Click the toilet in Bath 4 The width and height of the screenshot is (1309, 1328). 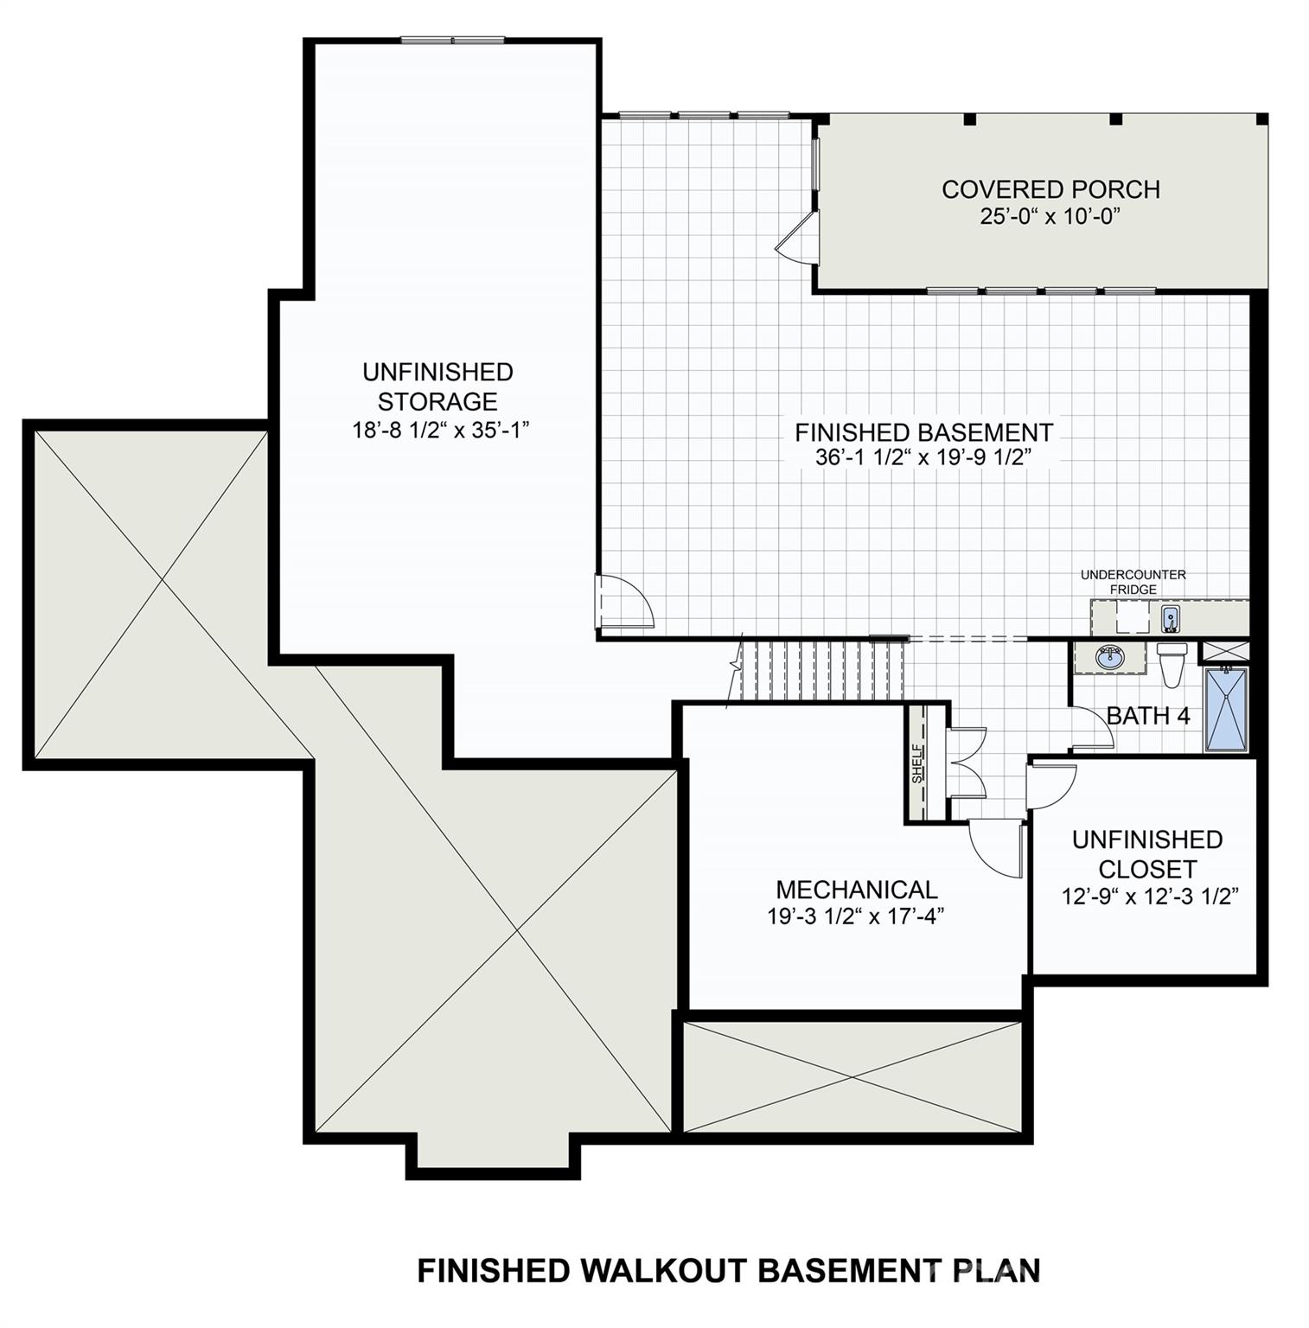tap(1172, 662)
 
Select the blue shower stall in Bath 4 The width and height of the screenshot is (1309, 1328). tap(1226, 708)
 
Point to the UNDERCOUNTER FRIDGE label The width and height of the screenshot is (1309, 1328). tap(1133, 582)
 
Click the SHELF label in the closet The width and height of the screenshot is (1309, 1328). tap(918, 763)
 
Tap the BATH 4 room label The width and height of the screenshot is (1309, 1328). tap(1147, 716)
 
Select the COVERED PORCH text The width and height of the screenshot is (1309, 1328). tap(1050, 189)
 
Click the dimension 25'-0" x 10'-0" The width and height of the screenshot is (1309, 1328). tap(1050, 216)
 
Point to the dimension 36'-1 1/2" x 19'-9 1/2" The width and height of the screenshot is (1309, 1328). tap(923, 457)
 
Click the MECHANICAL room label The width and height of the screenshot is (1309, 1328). tap(856, 889)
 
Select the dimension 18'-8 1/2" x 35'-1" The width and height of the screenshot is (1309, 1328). tap(440, 430)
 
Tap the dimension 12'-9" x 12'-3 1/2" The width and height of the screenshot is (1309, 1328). tap(1146, 897)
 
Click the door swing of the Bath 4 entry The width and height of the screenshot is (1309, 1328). tap(1091, 729)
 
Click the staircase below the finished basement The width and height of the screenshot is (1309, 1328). tap(821, 670)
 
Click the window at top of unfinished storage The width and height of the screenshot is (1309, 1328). tap(452, 40)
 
